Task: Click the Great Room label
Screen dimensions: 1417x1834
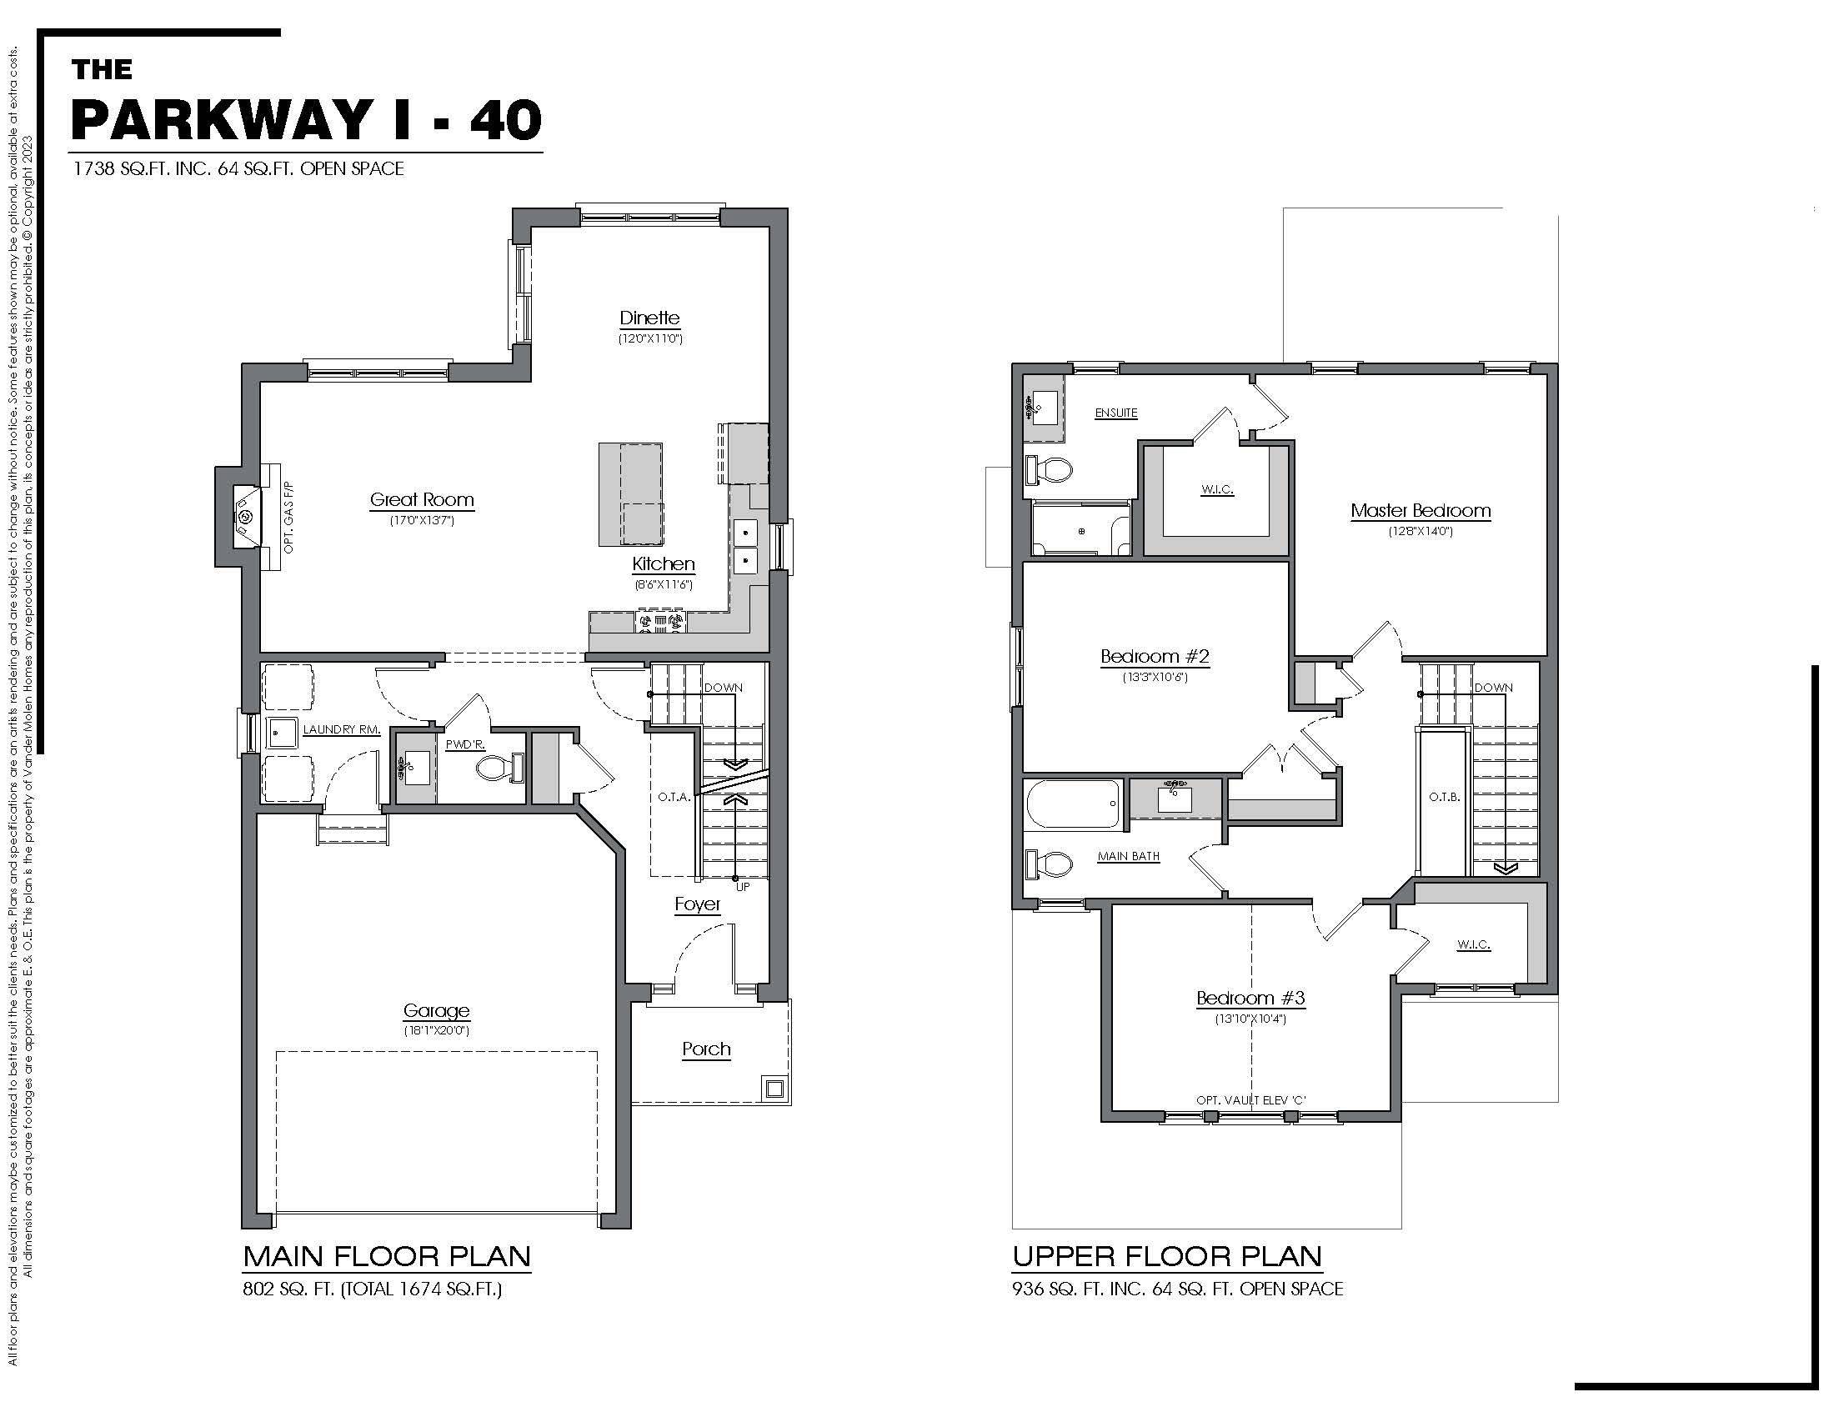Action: (422, 500)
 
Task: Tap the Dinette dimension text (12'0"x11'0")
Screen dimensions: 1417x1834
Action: (650, 339)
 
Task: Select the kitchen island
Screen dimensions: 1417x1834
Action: (631, 493)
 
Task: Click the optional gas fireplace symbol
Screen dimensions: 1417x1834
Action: (245, 517)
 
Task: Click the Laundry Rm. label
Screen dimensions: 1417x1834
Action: (341, 729)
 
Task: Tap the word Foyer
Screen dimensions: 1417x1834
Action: (698, 904)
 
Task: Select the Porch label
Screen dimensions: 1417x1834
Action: (706, 1049)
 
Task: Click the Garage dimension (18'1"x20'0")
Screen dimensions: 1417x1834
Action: (436, 1031)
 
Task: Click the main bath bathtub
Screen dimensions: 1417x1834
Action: (1073, 804)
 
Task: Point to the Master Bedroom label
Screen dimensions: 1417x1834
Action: (1420, 510)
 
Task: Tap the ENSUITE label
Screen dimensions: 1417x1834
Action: (1116, 413)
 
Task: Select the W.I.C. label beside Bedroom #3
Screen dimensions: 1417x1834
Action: (1473, 944)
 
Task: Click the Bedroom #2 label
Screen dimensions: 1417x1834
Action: (1155, 657)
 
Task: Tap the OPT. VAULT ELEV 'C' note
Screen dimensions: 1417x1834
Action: (1250, 1099)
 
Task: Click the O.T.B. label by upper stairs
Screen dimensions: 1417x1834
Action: (1445, 797)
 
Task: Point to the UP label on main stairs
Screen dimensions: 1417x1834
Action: (742, 887)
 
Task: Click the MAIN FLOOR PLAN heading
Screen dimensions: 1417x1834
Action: (387, 1257)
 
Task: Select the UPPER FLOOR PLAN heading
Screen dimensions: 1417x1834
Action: (1166, 1257)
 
